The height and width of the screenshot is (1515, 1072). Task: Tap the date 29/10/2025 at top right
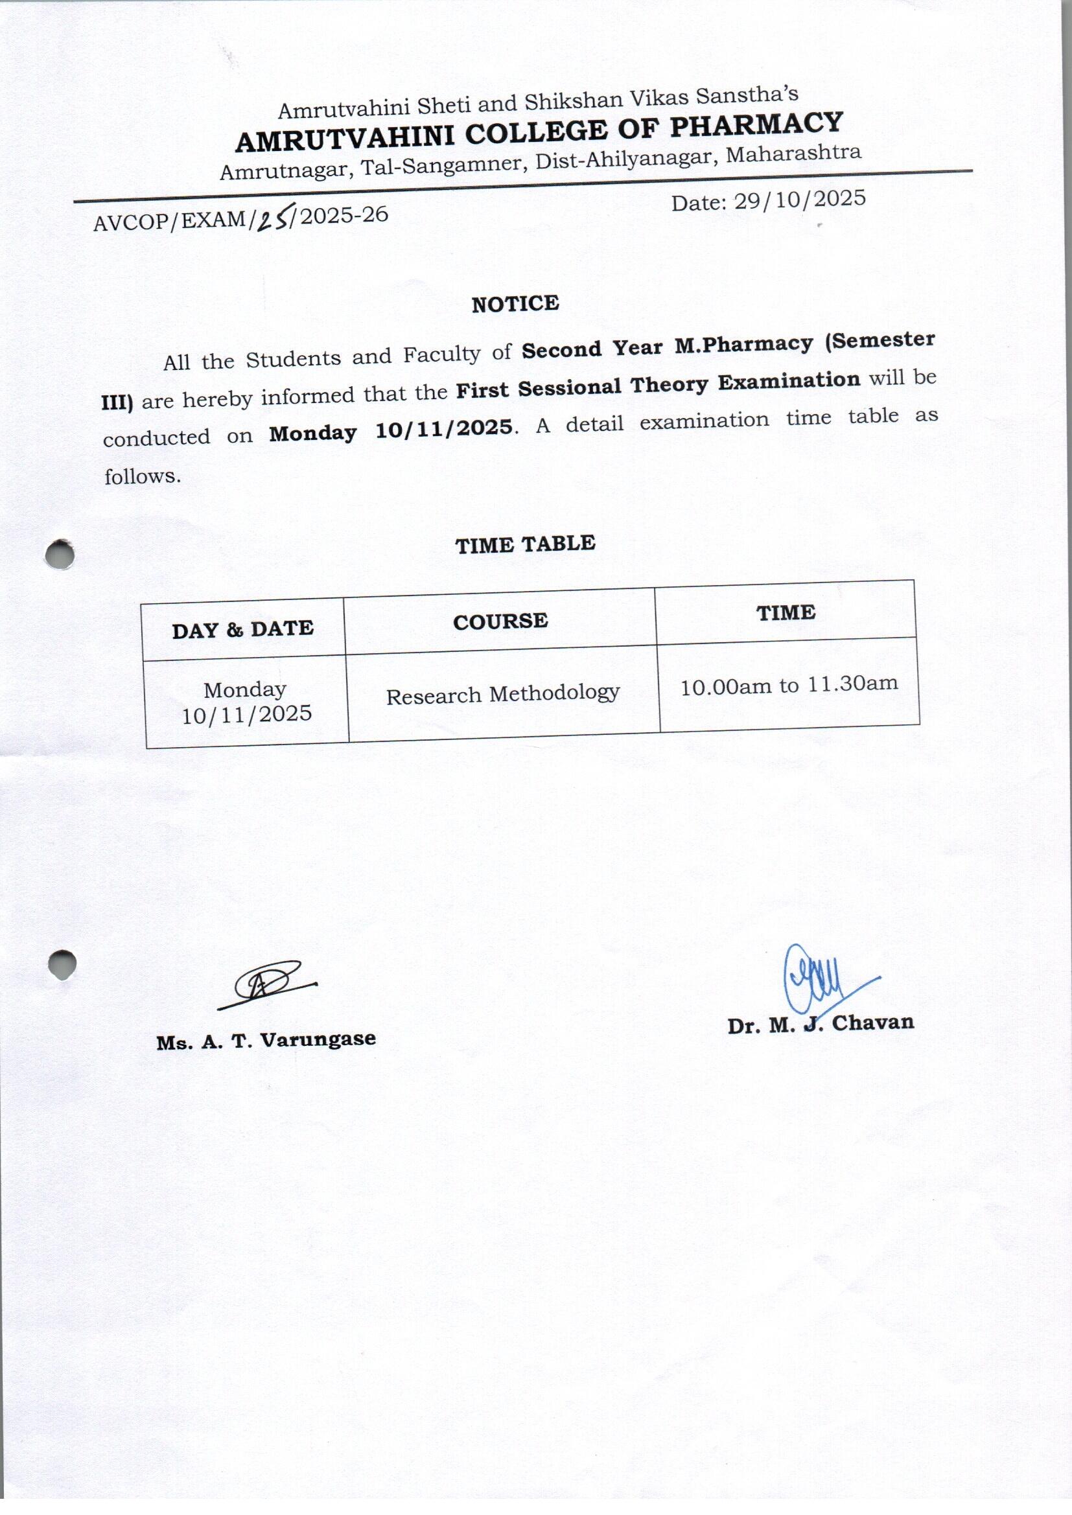click(x=799, y=200)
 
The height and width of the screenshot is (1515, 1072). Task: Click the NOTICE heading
click(x=515, y=304)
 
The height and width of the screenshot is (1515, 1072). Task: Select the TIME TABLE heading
click(x=526, y=544)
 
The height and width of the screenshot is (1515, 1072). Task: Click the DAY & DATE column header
click(x=243, y=629)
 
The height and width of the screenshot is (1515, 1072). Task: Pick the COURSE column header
click(x=500, y=621)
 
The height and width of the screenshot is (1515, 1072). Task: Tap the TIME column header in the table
click(x=786, y=613)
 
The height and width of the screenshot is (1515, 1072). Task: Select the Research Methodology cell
click(x=502, y=694)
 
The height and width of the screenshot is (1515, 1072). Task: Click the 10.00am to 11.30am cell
click(x=789, y=685)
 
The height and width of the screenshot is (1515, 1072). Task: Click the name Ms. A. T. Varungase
click(x=266, y=1041)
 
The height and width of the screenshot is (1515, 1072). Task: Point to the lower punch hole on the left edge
click(x=62, y=964)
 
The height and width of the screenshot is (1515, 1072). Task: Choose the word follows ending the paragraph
click(x=142, y=476)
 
